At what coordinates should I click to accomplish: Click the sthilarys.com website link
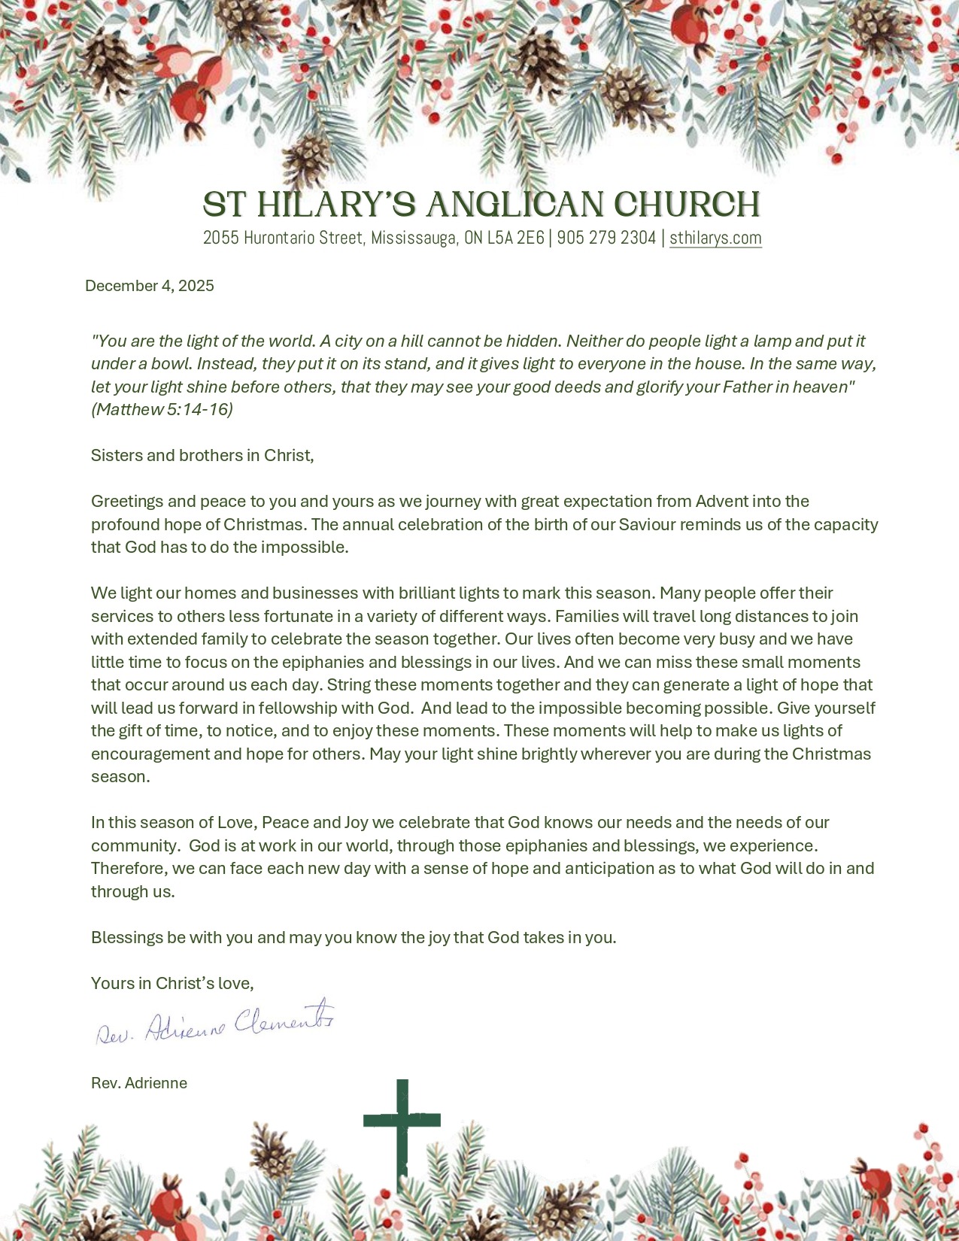715,238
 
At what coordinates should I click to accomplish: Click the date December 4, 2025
150,286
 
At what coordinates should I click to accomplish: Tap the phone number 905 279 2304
606,238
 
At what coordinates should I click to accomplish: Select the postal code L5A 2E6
515,238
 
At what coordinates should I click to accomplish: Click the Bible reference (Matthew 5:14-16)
162,410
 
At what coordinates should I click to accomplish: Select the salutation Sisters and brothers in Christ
202,456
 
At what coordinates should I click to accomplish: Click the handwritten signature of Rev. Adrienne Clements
215,1024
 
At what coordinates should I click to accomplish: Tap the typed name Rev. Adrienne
139,1083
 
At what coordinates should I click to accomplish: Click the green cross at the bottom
402,1128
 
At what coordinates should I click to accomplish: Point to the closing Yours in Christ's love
172,984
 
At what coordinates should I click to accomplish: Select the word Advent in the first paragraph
722,502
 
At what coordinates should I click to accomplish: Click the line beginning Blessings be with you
354,938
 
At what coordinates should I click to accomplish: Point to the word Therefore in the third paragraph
129,869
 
